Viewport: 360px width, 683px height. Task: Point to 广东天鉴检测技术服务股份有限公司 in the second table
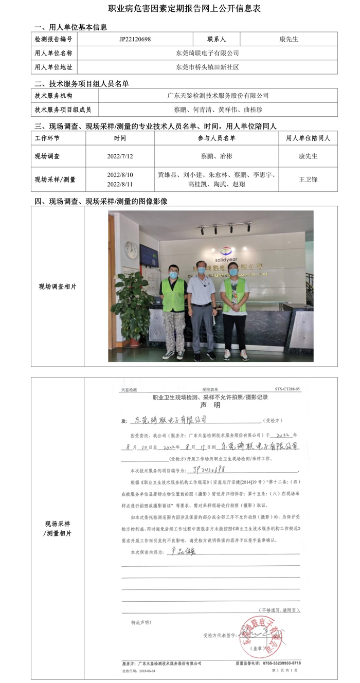click(218, 96)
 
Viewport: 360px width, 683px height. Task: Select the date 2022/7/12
click(120, 156)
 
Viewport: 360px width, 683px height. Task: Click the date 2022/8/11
click(120, 184)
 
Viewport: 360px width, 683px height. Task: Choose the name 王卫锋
click(308, 179)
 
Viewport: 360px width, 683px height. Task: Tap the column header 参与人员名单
click(216, 139)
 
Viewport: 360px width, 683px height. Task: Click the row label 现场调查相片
click(58, 286)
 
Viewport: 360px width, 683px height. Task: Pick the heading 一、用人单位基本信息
click(70, 27)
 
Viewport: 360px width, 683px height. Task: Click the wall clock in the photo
click(132, 250)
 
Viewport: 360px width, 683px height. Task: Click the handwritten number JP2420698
click(215, 470)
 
